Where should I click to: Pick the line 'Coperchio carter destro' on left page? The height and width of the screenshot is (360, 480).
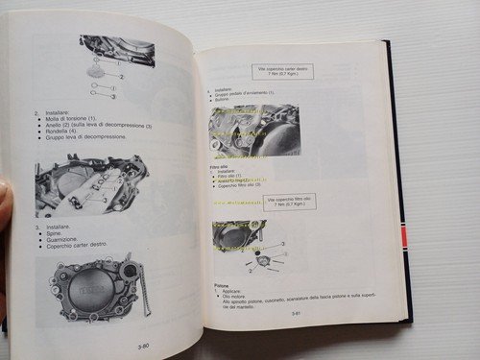[x=82, y=247]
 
